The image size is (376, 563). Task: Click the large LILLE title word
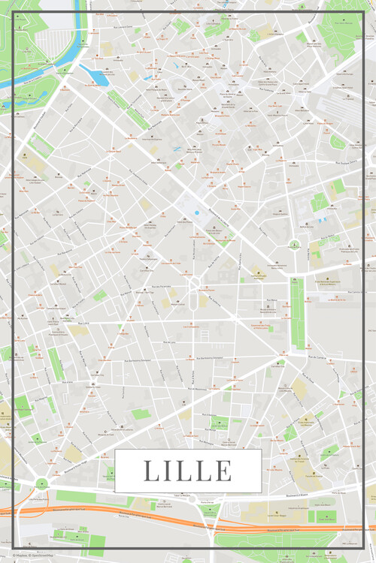pyautogui.click(x=188, y=471)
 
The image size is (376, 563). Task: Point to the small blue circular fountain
pyautogui.click(x=197, y=212)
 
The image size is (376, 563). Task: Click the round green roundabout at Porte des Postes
pyautogui.click(x=42, y=483)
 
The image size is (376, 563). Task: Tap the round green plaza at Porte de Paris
pyautogui.click(x=293, y=245)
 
